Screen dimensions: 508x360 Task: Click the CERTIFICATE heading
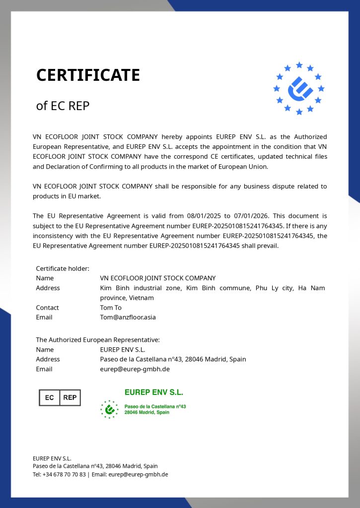tap(88, 75)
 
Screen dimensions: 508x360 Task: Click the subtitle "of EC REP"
tap(63, 106)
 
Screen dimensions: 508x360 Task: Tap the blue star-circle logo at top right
tap(299, 88)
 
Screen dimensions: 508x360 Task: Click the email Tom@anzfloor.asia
tap(128, 317)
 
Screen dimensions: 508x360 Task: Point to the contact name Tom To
tap(111, 308)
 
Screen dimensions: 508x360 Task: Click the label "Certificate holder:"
tap(63, 268)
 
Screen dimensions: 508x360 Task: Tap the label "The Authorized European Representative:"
tap(98, 340)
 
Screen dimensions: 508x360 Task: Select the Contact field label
tap(47, 308)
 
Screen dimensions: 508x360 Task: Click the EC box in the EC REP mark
tap(49, 397)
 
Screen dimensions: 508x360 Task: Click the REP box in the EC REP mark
tap(70, 397)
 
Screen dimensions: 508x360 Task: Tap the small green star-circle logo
tap(109, 409)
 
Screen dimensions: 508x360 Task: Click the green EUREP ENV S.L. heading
tap(154, 392)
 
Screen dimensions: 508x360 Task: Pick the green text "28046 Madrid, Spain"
tap(147, 412)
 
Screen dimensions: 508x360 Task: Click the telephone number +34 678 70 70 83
tap(64, 474)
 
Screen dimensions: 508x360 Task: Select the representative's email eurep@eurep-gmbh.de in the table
tap(135, 369)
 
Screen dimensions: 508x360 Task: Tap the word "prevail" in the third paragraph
tap(267, 246)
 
